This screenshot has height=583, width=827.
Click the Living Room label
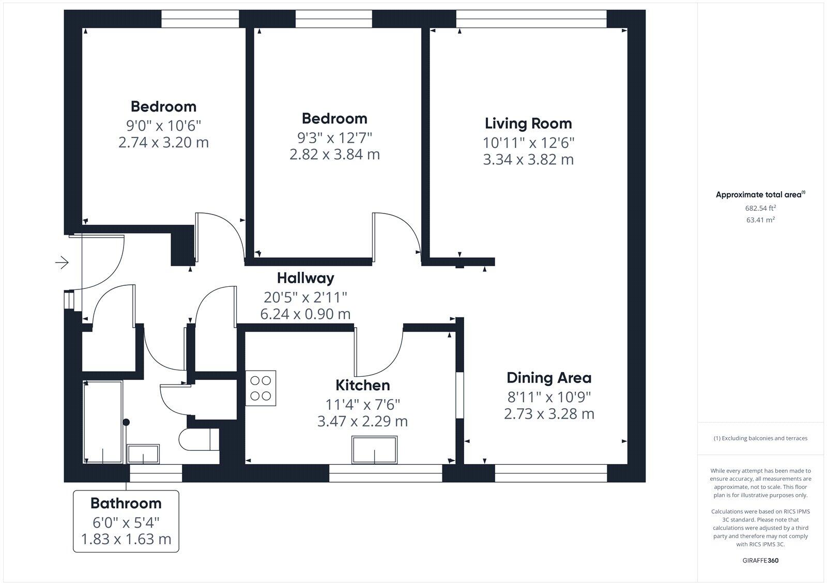pyautogui.click(x=528, y=124)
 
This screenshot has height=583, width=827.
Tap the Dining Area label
pyautogui.click(x=548, y=378)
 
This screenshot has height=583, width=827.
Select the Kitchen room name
pyautogui.click(x=362, y=386)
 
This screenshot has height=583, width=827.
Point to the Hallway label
pyautogui.click(x=305, y=278)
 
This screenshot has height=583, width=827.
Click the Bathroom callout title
pyautogui.click(x=126, y=503)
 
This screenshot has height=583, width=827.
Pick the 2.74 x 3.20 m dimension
pyautogui.click(x=163, y=142)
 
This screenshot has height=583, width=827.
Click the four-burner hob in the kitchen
pyautogui.click(x=261, y=388)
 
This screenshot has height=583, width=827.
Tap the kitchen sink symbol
pyautogui.click(x=375, y=450)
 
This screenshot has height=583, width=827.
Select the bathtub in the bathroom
pyautogui.click(x=103, y=422)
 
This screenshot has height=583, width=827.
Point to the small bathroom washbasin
pyautogui.click(x=143, y=453)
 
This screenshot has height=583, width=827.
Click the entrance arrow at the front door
pyautogui.click(x=62, y=263)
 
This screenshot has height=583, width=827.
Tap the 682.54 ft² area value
pyautogui.click(x=760, y=208)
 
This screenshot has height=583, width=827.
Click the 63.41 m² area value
pyautogui.click(x=760, y=220)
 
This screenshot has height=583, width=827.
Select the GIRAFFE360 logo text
pyautogui.click(x=760, y=560)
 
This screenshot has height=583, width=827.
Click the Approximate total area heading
pyautogui.click(x=759, y=195)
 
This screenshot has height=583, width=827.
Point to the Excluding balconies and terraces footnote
pyautogui.click(x=760, y=438)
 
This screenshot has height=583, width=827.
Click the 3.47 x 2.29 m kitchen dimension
pyautogui.click(x=362, y=422)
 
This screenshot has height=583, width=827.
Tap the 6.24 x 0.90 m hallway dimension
pyautogui.click(x=305, y=314)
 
